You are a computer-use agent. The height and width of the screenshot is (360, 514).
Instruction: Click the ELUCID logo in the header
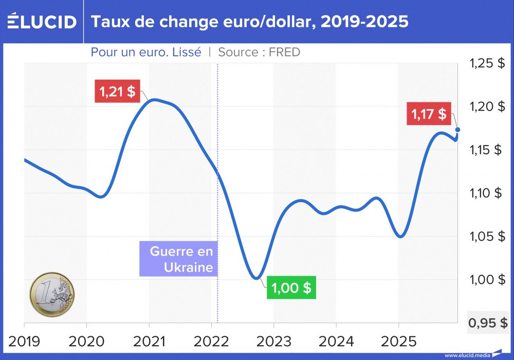(42, 21)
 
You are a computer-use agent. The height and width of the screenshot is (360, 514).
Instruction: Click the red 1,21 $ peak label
(118, 92)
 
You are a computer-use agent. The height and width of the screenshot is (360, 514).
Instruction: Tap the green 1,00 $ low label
(291, 287)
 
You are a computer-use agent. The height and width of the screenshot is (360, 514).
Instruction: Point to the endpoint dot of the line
(457, 130)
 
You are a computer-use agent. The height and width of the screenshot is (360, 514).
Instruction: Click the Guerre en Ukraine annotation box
(178, 260)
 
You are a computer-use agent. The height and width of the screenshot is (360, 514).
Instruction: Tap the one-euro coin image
(52, 294)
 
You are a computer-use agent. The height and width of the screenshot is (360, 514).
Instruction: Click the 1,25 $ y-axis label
(487, 64)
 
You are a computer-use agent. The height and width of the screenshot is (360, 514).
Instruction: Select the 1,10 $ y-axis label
(487, 193)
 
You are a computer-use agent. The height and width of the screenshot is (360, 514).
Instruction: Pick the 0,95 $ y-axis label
(488, 323)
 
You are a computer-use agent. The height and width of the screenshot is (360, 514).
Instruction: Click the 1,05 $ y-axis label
(487, 237)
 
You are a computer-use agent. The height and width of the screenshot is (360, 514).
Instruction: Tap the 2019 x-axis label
(25, 340)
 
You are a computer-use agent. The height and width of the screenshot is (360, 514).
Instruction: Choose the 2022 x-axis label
(211, 340)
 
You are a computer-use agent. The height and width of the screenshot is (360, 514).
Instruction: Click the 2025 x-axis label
(398, 340)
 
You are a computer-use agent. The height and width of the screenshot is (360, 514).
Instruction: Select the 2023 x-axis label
(274, 340)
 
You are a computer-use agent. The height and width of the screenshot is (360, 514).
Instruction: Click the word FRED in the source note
(284, 52)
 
